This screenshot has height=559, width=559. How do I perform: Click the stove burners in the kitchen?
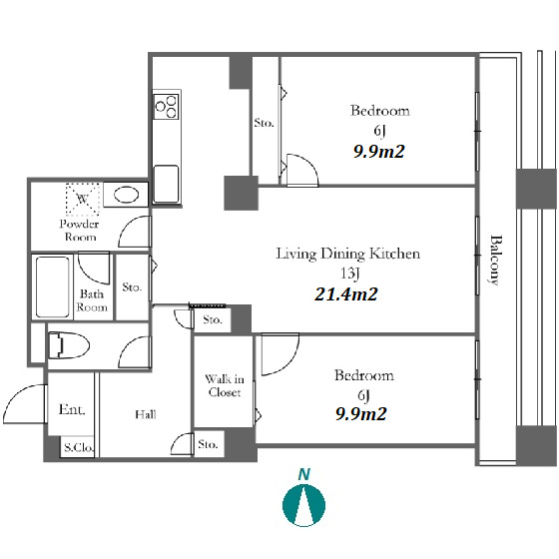click(166, 106)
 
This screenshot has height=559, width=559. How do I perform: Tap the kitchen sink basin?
click(166, 184)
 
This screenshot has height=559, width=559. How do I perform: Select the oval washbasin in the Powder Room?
click(126, 195)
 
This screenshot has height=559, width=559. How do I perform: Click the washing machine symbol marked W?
click(82, 199)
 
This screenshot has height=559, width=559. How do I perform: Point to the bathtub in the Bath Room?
click(52, 286)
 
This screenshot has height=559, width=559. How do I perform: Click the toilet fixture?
click(68, 345)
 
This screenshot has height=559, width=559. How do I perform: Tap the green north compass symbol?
click(303, 505)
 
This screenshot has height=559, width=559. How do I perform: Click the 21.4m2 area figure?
click(345, 294)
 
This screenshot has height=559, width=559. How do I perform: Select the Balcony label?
click(495, 260)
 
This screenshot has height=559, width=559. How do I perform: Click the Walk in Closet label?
click(225, 385)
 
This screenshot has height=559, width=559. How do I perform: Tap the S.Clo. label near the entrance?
click(79, 447)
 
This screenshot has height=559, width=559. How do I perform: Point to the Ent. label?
click(72, 409)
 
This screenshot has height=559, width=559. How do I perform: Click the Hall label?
click(146, 414)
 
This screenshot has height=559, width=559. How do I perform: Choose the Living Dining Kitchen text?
click(348, 254)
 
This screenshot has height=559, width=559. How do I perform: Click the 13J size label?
click(349, 274)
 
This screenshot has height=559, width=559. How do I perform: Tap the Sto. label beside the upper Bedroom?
click(264, 123)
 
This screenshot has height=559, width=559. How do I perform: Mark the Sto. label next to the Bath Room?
click(132, 287)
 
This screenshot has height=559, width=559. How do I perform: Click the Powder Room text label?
click(80, 231)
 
